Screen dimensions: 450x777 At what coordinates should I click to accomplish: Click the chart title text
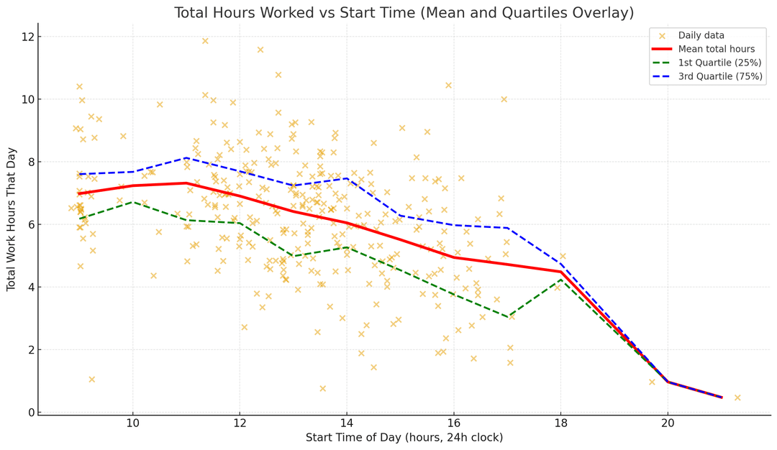coord(404,13)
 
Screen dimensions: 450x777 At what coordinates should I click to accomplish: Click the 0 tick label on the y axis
coord(29,413)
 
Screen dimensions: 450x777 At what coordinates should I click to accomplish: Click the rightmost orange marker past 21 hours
coord(737,398)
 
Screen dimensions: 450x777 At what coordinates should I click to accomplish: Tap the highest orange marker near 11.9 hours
coord(205,41)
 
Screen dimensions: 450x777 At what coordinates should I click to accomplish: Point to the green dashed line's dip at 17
coord(507,317)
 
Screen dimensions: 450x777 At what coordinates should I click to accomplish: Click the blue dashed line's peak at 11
coord(186,157)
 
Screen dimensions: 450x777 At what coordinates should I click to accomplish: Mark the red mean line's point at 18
coord(560,272)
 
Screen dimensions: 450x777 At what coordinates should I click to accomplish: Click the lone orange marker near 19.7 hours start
coord(652,382)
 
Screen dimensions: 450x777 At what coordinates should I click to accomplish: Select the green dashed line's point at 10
coord(132,202)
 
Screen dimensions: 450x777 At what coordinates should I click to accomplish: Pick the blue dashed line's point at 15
coord(400,215)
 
